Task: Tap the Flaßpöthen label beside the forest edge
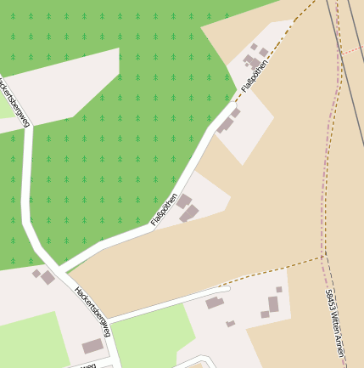click(x=164, y=209)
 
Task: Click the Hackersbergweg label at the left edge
click(x=13, y=103)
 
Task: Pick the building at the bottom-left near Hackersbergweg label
click(x=92, y=346)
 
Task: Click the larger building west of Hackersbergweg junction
click(x=48, y=278)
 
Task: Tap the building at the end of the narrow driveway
click(x=214, y=303)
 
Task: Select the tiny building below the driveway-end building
click(x=230, y=324)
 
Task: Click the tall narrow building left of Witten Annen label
click(x=273, y=303)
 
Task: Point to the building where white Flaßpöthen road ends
click(x=227, y=125)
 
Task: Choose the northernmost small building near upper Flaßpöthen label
click(x=254, y=47)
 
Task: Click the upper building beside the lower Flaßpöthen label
click(x=183, y=201)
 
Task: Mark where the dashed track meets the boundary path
click(x=324, y=255)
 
